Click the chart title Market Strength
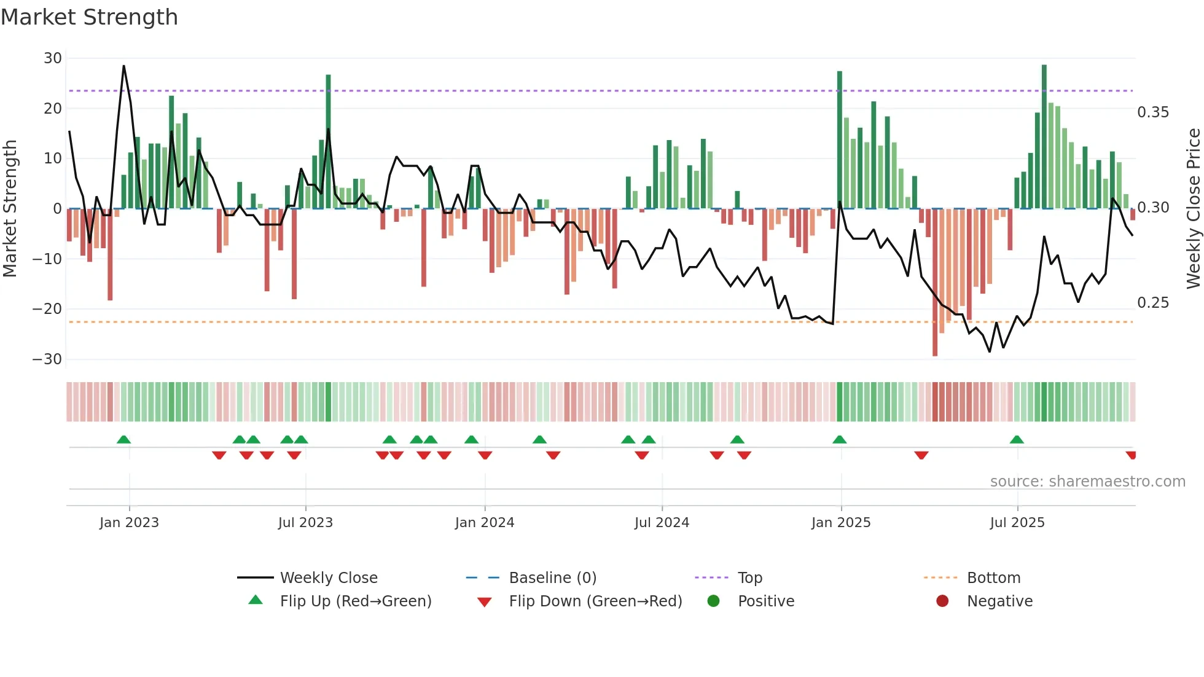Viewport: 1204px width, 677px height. tap(89, 17)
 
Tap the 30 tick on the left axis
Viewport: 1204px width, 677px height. tap(53, 58)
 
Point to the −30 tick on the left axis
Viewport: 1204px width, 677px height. tap(47, 359)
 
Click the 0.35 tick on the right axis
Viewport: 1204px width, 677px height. tap(1153, 112)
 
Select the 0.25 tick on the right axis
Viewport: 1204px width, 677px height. tap(1153, 303)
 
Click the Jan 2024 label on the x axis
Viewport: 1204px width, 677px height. tap(485, 523)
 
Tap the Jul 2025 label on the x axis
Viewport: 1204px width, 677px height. tap(1017, 523)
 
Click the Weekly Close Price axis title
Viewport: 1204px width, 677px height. tap(1193, 209)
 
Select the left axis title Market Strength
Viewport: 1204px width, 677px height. tap(10, 209)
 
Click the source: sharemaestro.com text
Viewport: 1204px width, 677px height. tap(1087, 482)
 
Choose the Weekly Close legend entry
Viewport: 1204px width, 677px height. tap(329, 578)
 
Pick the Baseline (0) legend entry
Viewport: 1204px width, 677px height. tap(552, 578)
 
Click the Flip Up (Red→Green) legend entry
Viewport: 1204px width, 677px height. tap(356, 601)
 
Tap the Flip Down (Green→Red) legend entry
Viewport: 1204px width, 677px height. tap(595, 601)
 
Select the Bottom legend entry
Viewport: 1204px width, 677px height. tap(993, 578)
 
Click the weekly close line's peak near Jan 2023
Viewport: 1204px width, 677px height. tap(123, 66)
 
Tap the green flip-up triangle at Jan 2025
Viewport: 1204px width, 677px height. tap(840, 439)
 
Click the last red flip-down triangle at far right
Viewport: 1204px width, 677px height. tap(1131, 455)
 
